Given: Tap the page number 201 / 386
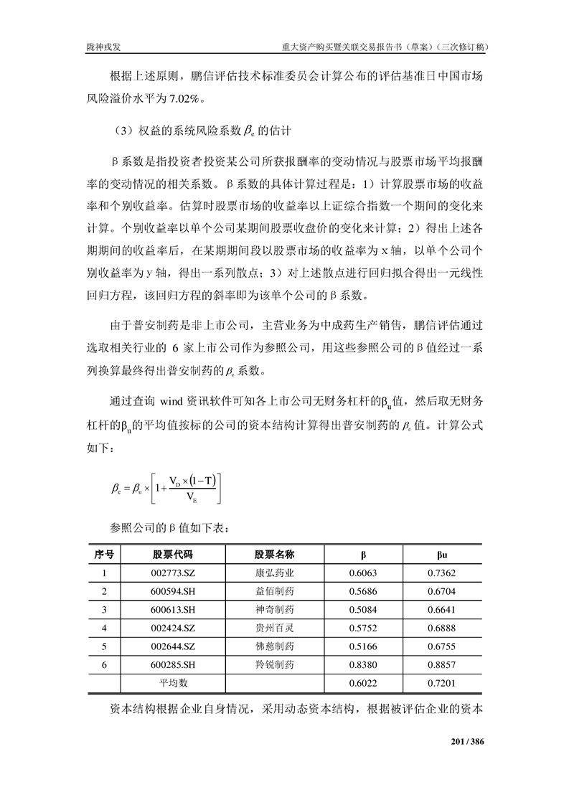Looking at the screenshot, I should tap(467, 741).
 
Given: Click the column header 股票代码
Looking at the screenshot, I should tap(173, 555).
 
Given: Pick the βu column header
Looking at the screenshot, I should tap(443, 555).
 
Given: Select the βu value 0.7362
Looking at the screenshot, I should tap(443, 573).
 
